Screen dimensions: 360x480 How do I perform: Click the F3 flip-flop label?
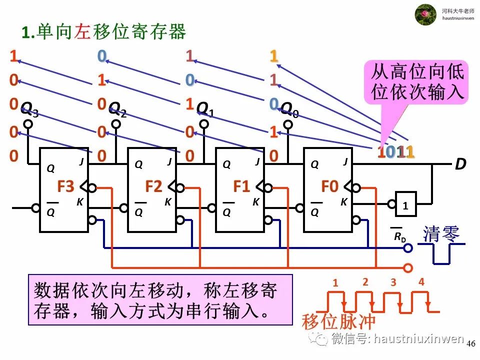tap(65, 187)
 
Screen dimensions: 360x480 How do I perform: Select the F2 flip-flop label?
tap(153, 187)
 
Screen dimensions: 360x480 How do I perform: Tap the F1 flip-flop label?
tap(241, 187)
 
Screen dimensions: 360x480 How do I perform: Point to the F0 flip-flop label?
tap(329, 187)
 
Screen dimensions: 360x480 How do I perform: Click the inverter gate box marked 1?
tap(405, 204)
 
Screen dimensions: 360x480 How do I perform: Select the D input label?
tap(460, 164)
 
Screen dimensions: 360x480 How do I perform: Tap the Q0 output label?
tap(289, 108)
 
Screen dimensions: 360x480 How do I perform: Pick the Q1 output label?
tap(204, 108)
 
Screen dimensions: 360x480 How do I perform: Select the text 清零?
tap(441, 234)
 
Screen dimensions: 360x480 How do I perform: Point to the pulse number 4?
tap(421, 281)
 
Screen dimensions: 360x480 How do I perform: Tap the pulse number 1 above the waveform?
tap(335, 283)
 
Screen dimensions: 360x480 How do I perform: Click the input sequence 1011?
tap(396, 152)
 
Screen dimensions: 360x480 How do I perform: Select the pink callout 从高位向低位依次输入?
tap(417, 82)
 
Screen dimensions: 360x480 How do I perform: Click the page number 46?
tap(470, 344)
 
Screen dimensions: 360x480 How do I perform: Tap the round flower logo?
tap(426, 14)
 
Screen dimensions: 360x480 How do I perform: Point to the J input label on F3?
tap(81, 161)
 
